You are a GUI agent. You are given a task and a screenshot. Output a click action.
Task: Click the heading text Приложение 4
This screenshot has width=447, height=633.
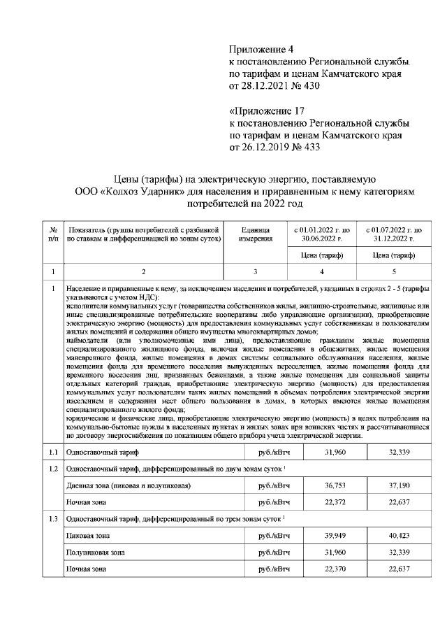point(263,50)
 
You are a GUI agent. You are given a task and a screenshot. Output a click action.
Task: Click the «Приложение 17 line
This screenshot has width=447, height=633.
point(268,111)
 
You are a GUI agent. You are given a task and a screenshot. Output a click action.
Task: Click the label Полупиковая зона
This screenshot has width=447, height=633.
point(96,553)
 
